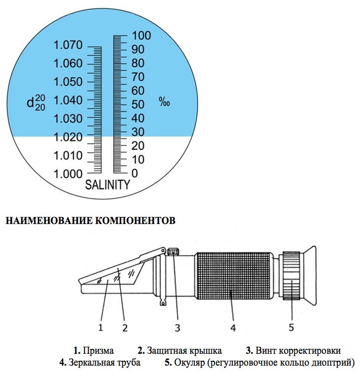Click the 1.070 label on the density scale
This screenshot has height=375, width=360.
coord(68,45)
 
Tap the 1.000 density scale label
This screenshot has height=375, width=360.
coord(68,174)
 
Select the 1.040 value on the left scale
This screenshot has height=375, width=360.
coord(68,101)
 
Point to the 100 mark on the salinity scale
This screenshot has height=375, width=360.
coord(141,36)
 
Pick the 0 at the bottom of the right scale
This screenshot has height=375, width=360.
coord(135,174)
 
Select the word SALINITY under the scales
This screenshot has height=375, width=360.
coord(108,186)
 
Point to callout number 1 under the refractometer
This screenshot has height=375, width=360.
coord(100,326)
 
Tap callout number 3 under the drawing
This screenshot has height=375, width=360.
coord(179,326)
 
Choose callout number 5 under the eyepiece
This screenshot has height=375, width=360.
coord(291,326)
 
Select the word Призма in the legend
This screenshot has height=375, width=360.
coord(98,351)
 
